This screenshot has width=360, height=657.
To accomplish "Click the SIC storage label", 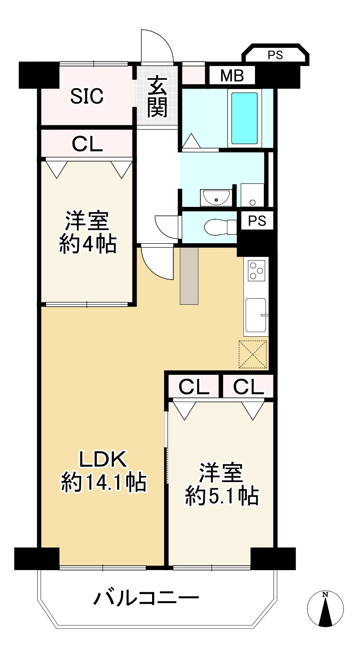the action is click(x=87, y=96).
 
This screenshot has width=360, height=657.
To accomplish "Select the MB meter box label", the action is click(x=232, y=76).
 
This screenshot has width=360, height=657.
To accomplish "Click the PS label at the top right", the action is click(x=275, y=55).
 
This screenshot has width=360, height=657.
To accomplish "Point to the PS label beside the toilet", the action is click(x=257, y=221).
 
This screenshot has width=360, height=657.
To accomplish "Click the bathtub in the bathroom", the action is click(x=245, y=118).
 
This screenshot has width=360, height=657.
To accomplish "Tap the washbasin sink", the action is click(x=216, y=198).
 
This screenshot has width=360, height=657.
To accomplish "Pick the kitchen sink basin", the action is click(x=256, y=315).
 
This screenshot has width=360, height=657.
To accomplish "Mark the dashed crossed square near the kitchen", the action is click(x=253, y=354).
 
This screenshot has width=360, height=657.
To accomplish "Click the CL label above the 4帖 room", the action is click(x=87, y=144).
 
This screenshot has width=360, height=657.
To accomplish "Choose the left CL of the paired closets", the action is click(x=193, y=387).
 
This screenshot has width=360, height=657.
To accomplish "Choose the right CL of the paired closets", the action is click(x=248, y=387).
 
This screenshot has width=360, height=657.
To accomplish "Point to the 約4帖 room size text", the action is click(x=88, y=244).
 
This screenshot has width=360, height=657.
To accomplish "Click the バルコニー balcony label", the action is click(x=146, y=598).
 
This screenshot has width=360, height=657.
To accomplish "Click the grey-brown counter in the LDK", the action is click(x=189, y=276).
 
